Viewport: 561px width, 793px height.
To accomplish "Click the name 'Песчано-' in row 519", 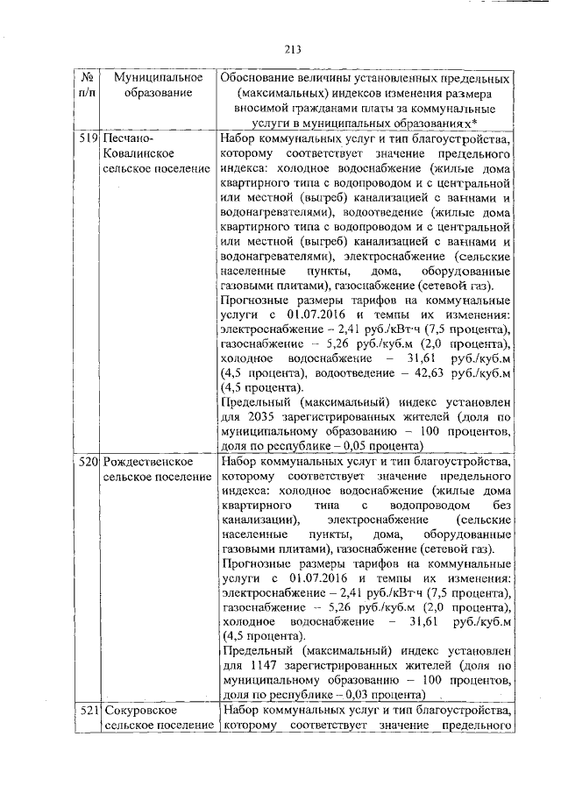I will tap(128, 139).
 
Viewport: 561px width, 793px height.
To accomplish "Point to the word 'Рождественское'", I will tap(144, 461).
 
